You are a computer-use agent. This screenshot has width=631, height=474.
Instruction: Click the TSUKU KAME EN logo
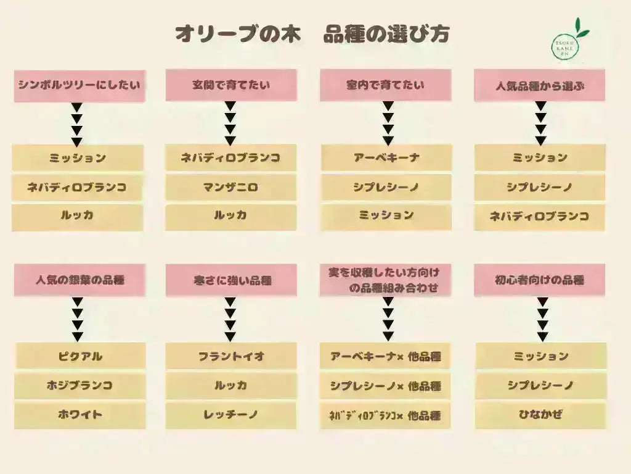pos(568,43)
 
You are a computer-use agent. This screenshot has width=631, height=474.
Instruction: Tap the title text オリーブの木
pos(238,34)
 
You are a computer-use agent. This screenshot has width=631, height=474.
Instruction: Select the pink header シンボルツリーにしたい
pos(79,86)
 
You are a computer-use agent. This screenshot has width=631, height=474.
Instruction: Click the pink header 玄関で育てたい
pos(232,85)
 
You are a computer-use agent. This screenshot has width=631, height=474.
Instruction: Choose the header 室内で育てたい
pos(386,85)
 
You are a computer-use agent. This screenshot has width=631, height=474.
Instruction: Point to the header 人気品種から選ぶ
pos(539,85)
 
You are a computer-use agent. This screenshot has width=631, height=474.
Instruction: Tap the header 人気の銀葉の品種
pos(79,280)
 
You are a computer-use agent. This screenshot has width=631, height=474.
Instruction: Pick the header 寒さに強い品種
pos(232,280)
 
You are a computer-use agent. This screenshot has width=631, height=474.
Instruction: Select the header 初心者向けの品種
pos(539,280)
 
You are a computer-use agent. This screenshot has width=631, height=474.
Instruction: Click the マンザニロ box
pos(231,187)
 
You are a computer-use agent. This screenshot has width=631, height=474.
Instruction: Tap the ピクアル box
pos(80,356)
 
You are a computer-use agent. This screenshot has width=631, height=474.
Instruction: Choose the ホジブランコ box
pos(80,385)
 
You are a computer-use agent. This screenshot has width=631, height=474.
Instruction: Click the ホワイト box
pos(80,415)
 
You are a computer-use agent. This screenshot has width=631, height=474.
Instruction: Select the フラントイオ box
pos(231,356)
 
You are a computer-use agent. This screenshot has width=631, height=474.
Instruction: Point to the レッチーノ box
pos(231,415)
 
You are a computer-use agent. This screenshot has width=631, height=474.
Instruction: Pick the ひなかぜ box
pos(540,415)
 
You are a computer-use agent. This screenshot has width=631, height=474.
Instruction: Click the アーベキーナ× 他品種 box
pos(385,356)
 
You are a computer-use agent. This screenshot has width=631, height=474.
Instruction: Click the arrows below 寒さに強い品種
pos(230,319)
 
